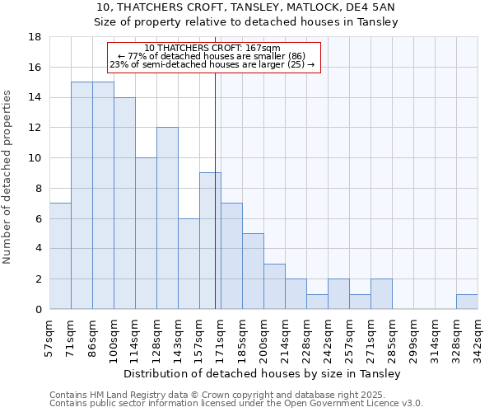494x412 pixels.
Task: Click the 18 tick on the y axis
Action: [x=35, y=37]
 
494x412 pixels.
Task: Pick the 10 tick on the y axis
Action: [x=35, y=158]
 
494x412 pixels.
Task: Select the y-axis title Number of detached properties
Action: [x=9, y=190]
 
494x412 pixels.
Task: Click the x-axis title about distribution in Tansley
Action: [x=263, y=374]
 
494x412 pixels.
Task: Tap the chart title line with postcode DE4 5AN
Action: [x=246, y=7]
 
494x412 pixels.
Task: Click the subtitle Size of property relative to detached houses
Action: [x=246, y=22]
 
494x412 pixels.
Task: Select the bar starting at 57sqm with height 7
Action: [x=60, y=256]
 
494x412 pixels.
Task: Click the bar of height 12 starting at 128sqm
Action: [x=167, y=218]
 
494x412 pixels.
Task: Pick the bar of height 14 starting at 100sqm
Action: [x=124, y=204]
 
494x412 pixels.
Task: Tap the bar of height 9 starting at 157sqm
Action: [x=210, y=241]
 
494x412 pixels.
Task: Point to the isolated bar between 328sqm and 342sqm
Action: [x=467, y=302]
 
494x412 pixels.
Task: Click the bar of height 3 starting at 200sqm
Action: [x=274, y=287]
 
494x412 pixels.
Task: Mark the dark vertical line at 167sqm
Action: [x=215, y=206]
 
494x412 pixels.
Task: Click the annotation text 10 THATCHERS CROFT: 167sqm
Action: [x=212, y=49]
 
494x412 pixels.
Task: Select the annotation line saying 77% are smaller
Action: [x=212, y=56]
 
